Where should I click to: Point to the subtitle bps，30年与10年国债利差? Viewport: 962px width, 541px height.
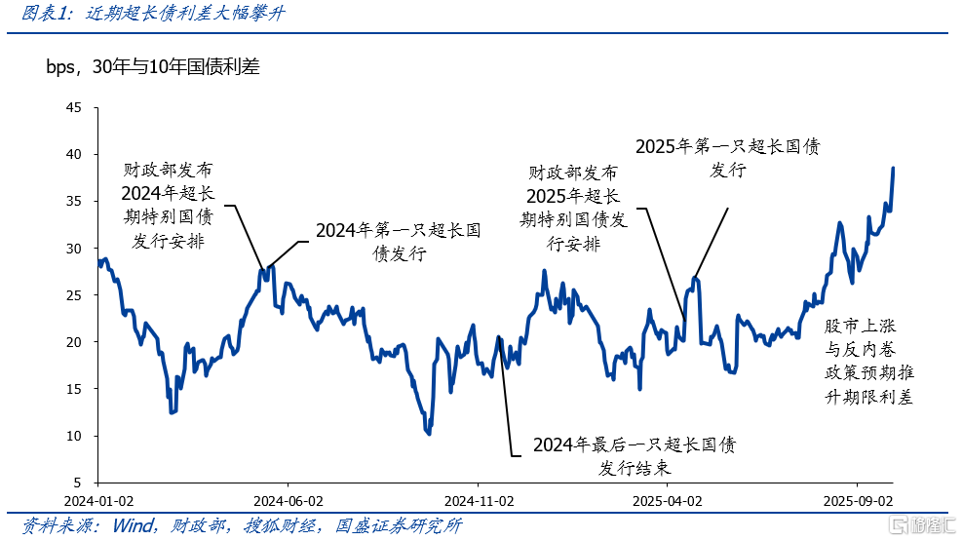click(x=152, y=67)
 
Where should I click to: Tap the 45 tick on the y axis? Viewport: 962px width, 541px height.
click(x=74, y=108)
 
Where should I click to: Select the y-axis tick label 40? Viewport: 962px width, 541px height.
click(x=74, y=155)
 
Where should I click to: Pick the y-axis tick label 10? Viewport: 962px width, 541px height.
click(x=74, y=436)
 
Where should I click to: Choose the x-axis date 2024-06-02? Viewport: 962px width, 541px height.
click(x=288, y=500)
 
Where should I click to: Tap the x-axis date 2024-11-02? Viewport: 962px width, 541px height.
click(x=479, y=500)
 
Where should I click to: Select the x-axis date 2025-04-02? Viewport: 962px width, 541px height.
click(x=668, y=500)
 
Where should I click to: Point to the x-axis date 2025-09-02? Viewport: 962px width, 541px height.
click(x=858, y=500)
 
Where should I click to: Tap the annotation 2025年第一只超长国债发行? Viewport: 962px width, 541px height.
click(x=727, y=158)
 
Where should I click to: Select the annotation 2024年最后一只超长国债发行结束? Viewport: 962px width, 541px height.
click(x=634, y=456)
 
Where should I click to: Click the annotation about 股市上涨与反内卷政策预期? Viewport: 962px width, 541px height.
click(x=868, y=361)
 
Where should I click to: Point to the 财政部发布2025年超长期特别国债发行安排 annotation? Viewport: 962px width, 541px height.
click(x=573, y=208)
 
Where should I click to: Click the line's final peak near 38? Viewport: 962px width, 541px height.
click(x=893, y=169)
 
